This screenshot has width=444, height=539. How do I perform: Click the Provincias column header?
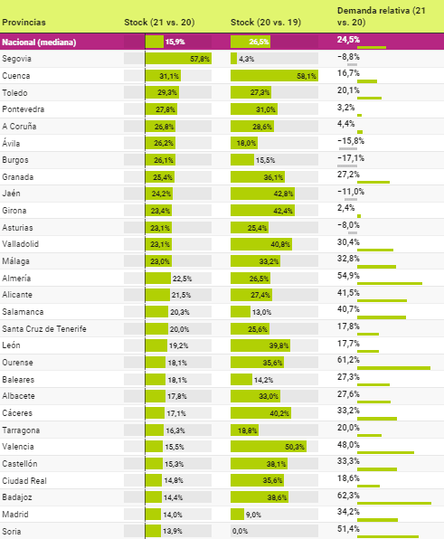pyautogui.click(x=24, y=23)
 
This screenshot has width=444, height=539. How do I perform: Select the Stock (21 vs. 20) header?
pyautogui.click(x=159, y=23)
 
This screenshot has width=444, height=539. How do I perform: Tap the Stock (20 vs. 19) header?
pyautogui.click(x=266, y=23)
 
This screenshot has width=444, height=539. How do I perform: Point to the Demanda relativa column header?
pyautogui.click(x=381, y=16)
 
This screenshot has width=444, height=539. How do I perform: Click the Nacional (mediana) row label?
pyautogui.click(x=39, y=43)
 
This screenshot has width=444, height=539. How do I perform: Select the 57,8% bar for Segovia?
pyautogui.click(x=178, y=59)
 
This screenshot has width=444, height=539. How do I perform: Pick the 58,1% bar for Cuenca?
pyautogui.click(x=274, y=76)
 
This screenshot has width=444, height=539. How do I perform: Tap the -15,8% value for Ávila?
pyautogui.click(x=351, y=141)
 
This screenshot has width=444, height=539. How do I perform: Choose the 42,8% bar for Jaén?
pyautogui.click(x=262, y=194)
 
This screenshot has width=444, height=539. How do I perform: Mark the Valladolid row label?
pyautogui.click(x=20, y=244)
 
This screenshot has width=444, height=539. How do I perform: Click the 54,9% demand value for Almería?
pyautogui.click(x=348, y=276)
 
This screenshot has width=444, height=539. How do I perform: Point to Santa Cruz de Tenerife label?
pyautogui.click(x=44, y=329)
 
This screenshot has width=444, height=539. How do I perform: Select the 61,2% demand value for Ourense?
pyautogui.click(x=348, y=360)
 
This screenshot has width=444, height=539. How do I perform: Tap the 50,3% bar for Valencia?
pyautogui.click(x=269, y=447)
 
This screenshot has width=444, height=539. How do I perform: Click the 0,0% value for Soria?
pyautogui.click(x=240, y=531)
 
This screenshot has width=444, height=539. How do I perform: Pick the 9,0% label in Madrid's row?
pyautogui.click(x=253, y=515)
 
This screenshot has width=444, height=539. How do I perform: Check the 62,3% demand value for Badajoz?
pyautogui.click(x=348, y=496)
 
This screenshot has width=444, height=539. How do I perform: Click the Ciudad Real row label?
pyautogui.click(x=24, y=480)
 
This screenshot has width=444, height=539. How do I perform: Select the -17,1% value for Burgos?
pyautogui.click(x=351, y=158)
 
